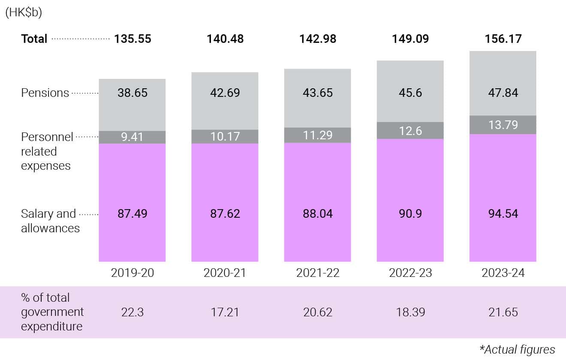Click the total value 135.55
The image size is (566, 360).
point(132,39)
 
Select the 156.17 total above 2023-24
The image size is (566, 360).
point(503,39)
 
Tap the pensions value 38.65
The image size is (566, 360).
point(132,93)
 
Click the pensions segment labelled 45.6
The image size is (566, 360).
point(410,93)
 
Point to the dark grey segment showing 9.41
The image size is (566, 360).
point(132,137)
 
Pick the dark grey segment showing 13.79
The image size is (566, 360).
point(503,125)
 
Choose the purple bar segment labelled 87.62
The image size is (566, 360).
point(225,213)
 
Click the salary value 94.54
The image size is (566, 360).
point(503,213)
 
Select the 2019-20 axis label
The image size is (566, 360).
point(132,273)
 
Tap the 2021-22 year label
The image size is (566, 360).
point(318,273)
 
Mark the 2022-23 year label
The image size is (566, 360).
point(410,273)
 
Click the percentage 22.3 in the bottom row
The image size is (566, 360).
point(132,312)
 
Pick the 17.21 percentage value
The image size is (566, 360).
point(225,312)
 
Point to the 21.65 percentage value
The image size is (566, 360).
point(503,312)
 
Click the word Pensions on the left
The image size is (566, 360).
point(45,93)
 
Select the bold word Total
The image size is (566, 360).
point(34,39)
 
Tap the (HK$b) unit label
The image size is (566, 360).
point(23,12)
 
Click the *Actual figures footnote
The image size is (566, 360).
point(517,349)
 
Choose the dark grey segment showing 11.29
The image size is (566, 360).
point(318,135)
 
